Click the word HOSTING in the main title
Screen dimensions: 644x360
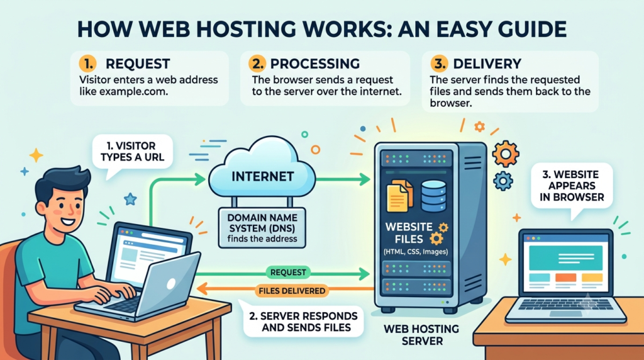point(237,30)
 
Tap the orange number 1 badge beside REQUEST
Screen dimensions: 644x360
point(87,64)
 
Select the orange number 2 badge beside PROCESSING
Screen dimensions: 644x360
point(257,64)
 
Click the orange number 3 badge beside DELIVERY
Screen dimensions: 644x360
point(439,64)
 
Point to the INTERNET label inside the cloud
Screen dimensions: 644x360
point(263,177)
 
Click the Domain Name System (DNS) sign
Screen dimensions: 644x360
point(262,228)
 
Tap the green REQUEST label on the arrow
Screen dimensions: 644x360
point(288,272)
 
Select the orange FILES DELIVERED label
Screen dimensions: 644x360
point(292,291)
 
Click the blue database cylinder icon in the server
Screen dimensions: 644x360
point(434,196)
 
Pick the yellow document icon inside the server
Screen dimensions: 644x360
point(399,196)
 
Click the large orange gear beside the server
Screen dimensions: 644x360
point(505,154)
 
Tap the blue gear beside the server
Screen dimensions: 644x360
point(503,181)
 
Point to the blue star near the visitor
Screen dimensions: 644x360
point(130,200)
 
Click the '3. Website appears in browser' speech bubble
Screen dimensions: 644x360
point(572,187)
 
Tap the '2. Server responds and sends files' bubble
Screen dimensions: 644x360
point(303,322)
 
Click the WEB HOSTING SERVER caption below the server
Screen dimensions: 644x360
point(421,335)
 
